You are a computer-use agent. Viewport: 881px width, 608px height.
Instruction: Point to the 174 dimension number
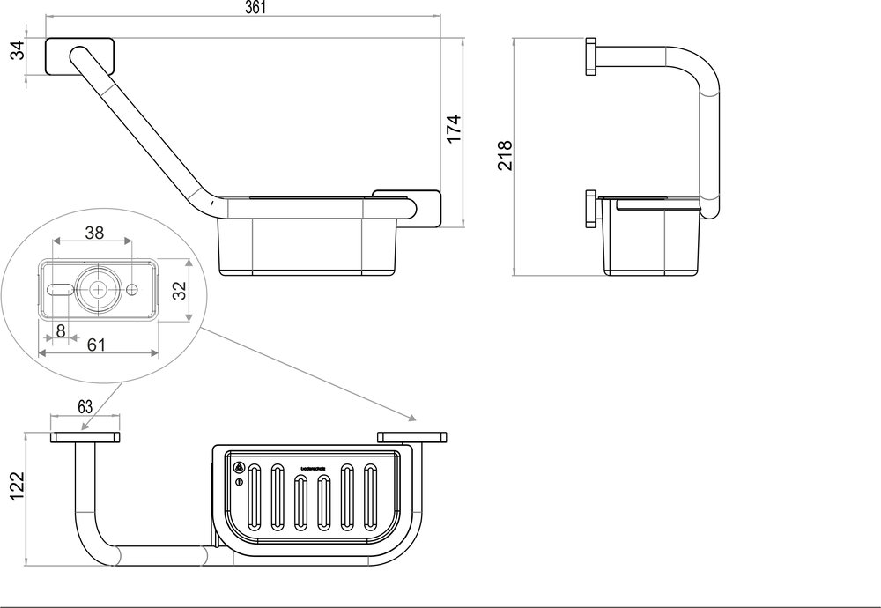click(x=453, y=129)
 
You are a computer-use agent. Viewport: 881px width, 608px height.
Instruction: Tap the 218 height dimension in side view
click(x=503, y=156)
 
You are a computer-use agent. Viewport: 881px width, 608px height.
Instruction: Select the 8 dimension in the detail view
click(x=60, y=331)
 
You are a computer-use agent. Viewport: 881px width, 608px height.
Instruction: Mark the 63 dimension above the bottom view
click(x=85, y=406)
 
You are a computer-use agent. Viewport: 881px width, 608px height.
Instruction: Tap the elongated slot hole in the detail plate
click(x=59, y=290)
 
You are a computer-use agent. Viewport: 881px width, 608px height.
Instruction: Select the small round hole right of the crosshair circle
click(x=132, y=290)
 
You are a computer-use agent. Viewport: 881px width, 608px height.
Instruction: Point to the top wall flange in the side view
click(x=592, y=57)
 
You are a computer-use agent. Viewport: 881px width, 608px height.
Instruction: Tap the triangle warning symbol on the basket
click(x=239, y=468)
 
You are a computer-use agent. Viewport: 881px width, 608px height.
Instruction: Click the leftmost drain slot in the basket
click(x=255, y=499)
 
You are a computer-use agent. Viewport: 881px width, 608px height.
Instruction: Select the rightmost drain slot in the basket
click(x=370, y=499)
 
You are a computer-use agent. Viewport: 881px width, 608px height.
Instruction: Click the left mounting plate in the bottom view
click(x=85, y=437)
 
